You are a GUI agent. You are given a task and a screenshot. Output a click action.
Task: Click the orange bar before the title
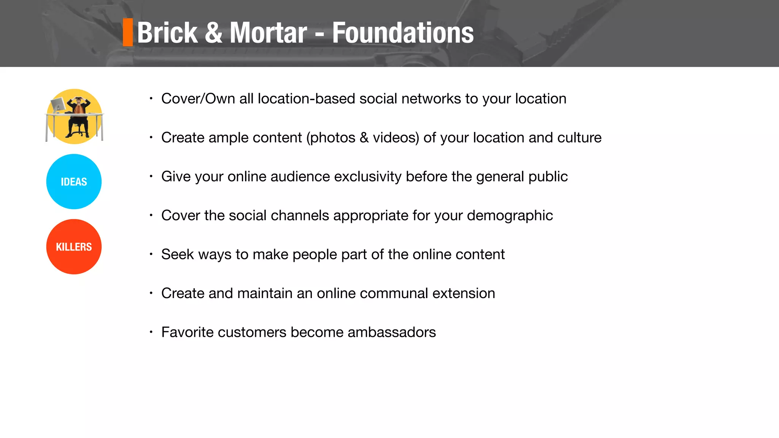(128, 32)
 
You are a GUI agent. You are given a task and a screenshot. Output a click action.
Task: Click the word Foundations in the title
(402, 33)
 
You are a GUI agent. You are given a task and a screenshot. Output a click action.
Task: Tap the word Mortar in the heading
(268, 33)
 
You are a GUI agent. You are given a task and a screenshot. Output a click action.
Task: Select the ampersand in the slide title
(213, 33)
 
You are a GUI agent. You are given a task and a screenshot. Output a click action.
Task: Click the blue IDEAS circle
(74, 182)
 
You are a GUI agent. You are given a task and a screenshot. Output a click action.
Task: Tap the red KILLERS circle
(74, 247)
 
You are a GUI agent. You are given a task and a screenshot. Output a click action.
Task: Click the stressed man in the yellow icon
(78, 116)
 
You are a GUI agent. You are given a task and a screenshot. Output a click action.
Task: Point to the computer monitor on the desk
(58, 105)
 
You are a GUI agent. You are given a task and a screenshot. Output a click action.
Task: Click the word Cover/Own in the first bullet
(198, 99)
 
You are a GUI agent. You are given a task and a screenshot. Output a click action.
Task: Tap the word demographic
(510, 216)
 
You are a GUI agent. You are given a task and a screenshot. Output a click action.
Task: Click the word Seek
(177, 254)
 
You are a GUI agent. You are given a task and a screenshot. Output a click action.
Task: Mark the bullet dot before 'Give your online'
(151, 176)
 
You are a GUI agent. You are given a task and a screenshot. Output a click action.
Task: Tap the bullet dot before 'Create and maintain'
(151, 293)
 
